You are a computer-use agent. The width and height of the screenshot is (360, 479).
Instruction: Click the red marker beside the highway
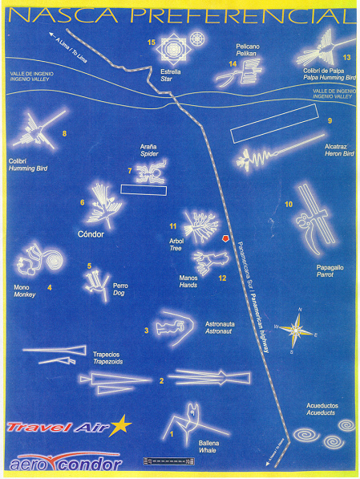[x=225, y=239]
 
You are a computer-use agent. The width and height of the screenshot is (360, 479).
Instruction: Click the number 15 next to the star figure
[x=150, y=42]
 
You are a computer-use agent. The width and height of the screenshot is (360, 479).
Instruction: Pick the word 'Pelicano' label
[x=249, y=47]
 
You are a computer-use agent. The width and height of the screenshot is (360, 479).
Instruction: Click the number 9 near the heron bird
[x=330, y=120]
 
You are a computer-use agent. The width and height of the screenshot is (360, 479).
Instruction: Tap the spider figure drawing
[x=149, y=170]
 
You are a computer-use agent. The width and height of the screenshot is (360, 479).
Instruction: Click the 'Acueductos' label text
[x=322, y=405]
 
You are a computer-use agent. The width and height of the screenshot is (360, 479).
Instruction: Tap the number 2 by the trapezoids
[x=161, y=380]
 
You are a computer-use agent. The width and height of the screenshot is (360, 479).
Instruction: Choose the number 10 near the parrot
[x=289, y=205]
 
